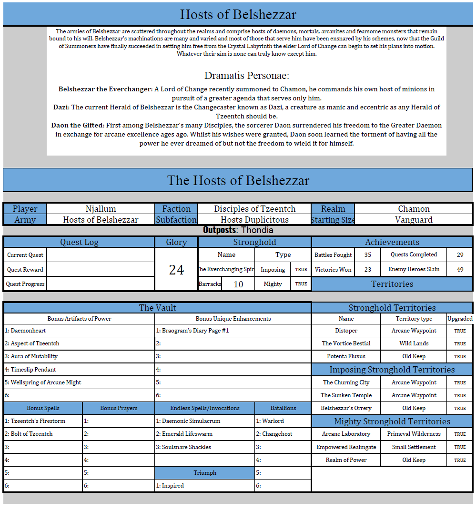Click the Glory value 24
point(176,270)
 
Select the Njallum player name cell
point(101,209)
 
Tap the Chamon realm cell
point(414,209)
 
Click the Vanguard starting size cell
point(414,220)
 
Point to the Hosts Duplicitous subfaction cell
point(254,220)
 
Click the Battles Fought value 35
point(367,255)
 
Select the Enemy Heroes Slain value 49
point(460,269)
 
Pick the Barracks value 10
point(238,284)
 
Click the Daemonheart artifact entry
point(26,331)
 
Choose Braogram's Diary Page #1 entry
point(192,331)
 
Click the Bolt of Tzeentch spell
point(29,434)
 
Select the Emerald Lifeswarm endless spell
point(184,434)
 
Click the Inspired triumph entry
point(170,486)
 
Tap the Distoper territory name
point(346,331)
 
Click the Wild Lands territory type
point(414,343)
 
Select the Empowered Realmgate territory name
point(346,447)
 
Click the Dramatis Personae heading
point(246,76)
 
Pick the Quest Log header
point(79,242)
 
